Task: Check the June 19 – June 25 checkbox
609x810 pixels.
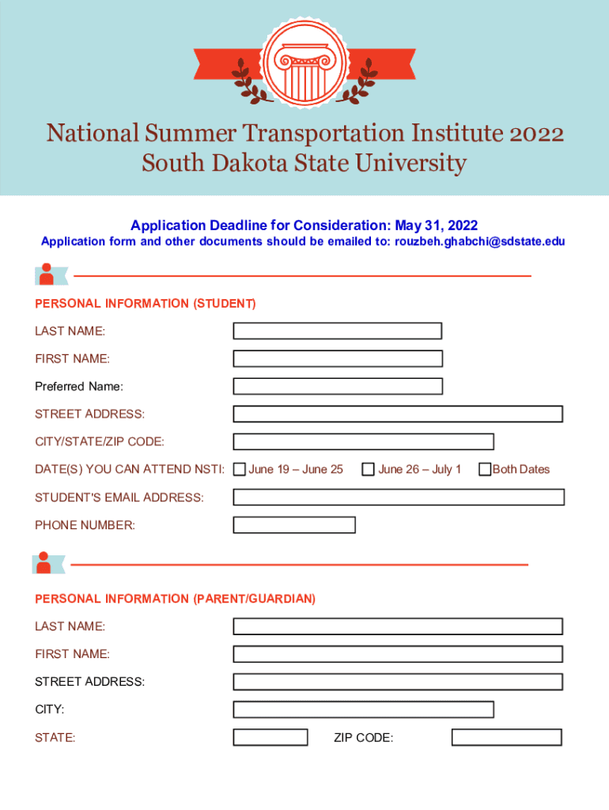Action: (240, 469)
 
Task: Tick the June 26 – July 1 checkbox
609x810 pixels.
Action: (368, 469)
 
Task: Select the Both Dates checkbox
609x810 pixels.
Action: (485, 469)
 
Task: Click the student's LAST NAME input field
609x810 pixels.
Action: (337, 331)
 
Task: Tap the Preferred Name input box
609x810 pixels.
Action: (337, 386)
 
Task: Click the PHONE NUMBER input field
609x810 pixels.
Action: (294, 524)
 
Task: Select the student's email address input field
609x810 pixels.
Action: (398, 497)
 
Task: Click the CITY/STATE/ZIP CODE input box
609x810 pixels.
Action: (363, 441)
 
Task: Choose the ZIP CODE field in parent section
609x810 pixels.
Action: (506, 737)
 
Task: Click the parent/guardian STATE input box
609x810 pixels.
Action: (270, 737)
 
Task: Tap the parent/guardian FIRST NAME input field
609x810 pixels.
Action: (397, 654)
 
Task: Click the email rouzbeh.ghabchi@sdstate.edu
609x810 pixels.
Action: (479, 241)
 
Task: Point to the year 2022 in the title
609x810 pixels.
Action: (535, 133)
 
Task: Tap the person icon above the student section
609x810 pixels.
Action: (47, 274)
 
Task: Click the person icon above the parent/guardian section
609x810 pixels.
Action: (43, 563)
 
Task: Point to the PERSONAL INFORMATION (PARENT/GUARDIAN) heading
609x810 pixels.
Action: (175, 599)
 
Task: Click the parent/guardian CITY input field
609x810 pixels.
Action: (363, 710)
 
